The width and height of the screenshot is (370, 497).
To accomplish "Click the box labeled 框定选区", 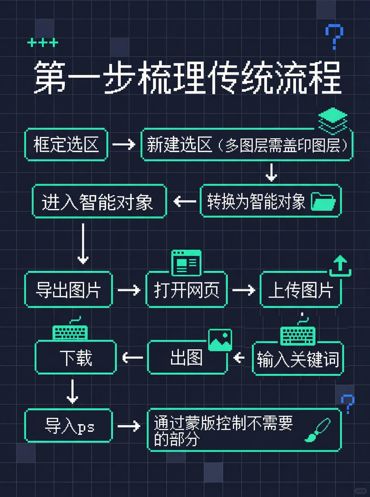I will (x=66, y=144).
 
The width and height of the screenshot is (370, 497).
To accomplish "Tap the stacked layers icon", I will (x=333, y=120).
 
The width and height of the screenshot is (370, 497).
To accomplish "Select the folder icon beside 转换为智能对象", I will (x=323, y=201).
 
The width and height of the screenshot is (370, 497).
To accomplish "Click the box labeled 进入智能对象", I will (x=99, y=201).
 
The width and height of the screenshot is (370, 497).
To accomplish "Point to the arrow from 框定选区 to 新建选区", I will (x=124, y=144).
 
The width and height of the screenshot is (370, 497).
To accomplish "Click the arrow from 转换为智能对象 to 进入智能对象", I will (x=184, y=201).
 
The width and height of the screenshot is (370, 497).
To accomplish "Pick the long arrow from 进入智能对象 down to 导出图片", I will (x=83, y=244).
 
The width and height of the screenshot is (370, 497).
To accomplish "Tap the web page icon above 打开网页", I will (x=186, y=263).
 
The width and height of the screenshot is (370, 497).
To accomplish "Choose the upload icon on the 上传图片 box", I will (x=340, y=266).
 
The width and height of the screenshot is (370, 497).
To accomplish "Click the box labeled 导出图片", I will (x=69, y=290).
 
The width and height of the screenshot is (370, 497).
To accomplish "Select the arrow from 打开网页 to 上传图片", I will (x=244, y=290).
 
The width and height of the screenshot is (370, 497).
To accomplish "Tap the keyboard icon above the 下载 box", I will (x=70, y=330).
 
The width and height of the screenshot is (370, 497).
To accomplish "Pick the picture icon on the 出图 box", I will (x=220, y=340).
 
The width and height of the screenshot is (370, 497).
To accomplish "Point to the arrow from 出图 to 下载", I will (x=133, y=358).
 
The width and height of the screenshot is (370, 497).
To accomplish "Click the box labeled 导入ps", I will (x=69, y=426).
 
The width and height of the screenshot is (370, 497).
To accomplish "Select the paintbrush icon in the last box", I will (x=318, y=430).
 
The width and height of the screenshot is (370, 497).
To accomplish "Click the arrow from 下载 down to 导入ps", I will (x=72, y=391).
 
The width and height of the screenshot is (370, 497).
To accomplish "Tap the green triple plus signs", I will (x=42, y=43).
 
